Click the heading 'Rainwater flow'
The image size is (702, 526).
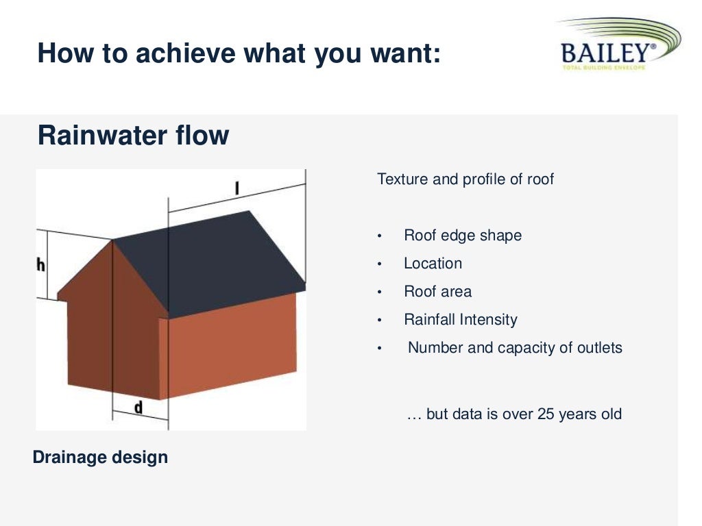(133, 136)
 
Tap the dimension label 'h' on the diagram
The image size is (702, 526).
(40, 265)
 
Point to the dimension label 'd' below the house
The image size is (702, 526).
(138, 408)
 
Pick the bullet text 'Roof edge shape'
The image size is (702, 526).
(462, 236)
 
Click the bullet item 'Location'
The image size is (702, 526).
(433, 264)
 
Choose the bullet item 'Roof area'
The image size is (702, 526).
(437, 292)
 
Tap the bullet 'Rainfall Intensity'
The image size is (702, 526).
(460, 320)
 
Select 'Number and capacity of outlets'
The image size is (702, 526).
(515, 348)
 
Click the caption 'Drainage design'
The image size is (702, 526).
(100, 457)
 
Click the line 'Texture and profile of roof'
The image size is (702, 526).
(465, 179)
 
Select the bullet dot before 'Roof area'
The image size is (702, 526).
(379, 292)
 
